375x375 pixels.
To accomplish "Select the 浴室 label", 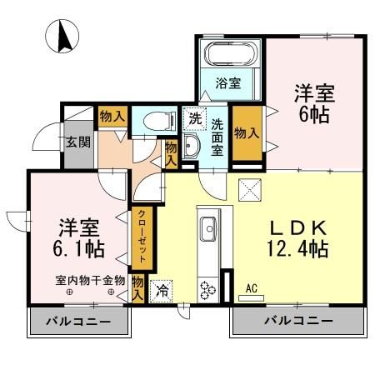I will point(229,82).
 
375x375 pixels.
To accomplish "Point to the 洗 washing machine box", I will point(193,117).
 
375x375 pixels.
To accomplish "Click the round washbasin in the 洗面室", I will point(192,148).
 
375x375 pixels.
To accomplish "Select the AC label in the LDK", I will point(251,288).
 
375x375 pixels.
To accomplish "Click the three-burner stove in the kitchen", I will point(207,288).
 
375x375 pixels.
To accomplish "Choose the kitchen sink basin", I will point(207,227).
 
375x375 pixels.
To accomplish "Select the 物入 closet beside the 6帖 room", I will point(244,132).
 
